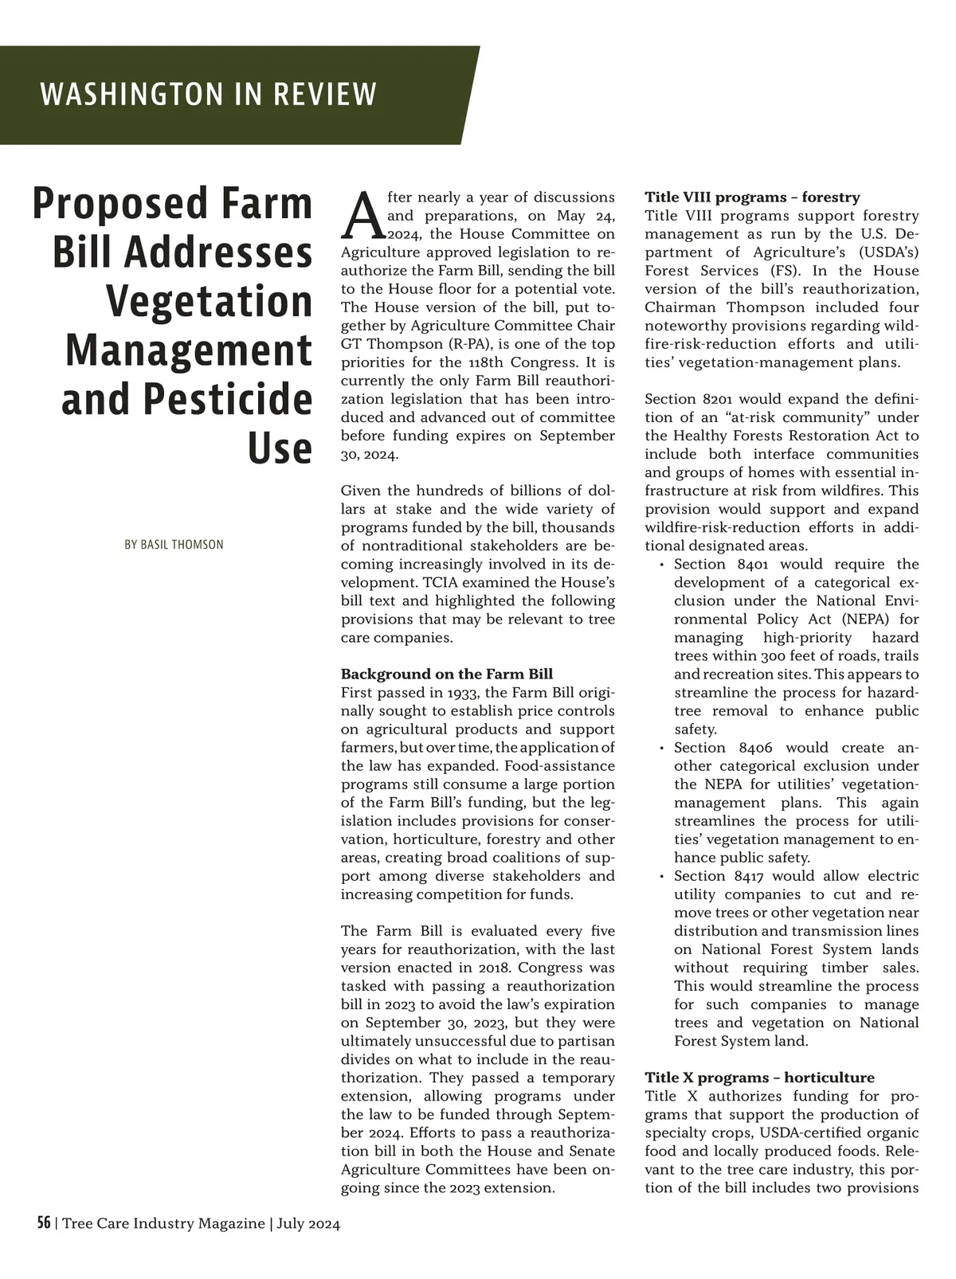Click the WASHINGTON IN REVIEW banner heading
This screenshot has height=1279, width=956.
208,95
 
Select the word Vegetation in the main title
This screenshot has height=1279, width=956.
209,301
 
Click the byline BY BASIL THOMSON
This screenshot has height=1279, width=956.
174,545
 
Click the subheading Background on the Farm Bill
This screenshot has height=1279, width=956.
446,674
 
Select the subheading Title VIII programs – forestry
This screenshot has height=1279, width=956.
752,198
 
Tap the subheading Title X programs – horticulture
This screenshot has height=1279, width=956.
759,1078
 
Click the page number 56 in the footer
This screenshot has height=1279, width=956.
44,1223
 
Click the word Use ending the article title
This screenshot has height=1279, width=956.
280,448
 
